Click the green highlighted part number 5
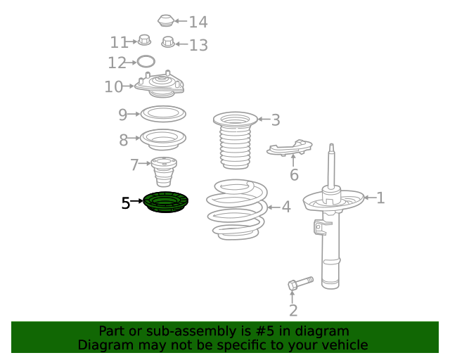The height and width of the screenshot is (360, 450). [166, 202]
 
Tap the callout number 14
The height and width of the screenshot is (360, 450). [198, 22]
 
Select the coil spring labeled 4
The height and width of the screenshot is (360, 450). [237, 210]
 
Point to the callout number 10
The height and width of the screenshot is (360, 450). [114, 86]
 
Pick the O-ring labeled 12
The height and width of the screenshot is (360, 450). [146, 61]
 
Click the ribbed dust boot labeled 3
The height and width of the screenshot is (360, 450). [236, 140]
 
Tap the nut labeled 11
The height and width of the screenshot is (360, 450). [144, 40]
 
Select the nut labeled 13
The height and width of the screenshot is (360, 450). [168, 42]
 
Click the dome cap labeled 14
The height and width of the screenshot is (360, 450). [166, 20]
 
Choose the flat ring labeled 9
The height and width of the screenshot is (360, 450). [163, 114]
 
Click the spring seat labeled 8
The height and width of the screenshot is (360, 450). [163, 139]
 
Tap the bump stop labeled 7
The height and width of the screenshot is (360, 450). [164, 172]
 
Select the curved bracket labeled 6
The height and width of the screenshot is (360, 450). [289, 148]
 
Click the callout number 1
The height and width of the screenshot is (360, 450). [380, 198]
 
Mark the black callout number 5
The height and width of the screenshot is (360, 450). [126, 203]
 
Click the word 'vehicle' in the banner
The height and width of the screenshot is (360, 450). [347, 345]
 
